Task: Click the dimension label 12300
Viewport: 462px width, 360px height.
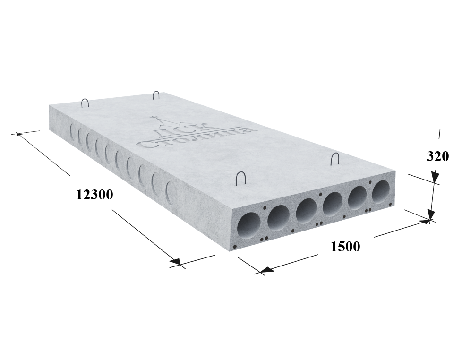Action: (94, 195)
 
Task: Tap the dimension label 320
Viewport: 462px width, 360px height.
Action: (437, 156)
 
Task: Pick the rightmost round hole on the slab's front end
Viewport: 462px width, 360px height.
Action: (381, 191)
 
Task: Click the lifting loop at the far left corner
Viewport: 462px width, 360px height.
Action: (85, 103)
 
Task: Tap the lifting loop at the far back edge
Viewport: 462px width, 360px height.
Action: (156, 95)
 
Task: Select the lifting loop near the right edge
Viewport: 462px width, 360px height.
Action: (335, 159)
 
